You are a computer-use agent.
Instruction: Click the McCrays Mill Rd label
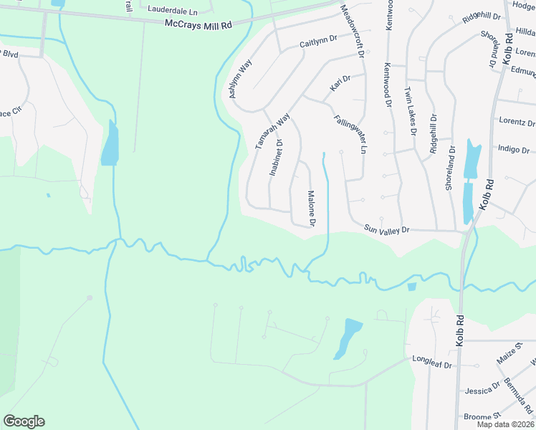(x=198, y=25)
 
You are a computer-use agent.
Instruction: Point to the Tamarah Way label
(x=272, y=131)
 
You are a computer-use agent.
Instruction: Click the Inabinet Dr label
(x=277, y=158)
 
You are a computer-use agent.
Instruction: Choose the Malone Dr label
(x=312, y=209)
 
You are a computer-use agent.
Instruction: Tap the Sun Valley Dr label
(x=386, y=229)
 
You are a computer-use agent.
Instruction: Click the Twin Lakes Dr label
(x=410, y=111)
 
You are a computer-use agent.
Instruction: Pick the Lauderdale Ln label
(x=171, y=10)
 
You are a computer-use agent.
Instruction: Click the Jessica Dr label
(x=482, y=391)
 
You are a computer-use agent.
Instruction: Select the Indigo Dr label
(x=513, y=150)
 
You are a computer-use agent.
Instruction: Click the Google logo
(x=24, y=421)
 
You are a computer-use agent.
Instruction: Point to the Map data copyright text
(x=504, y=424)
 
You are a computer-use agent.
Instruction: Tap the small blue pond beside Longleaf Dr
(x=349, y=337)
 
